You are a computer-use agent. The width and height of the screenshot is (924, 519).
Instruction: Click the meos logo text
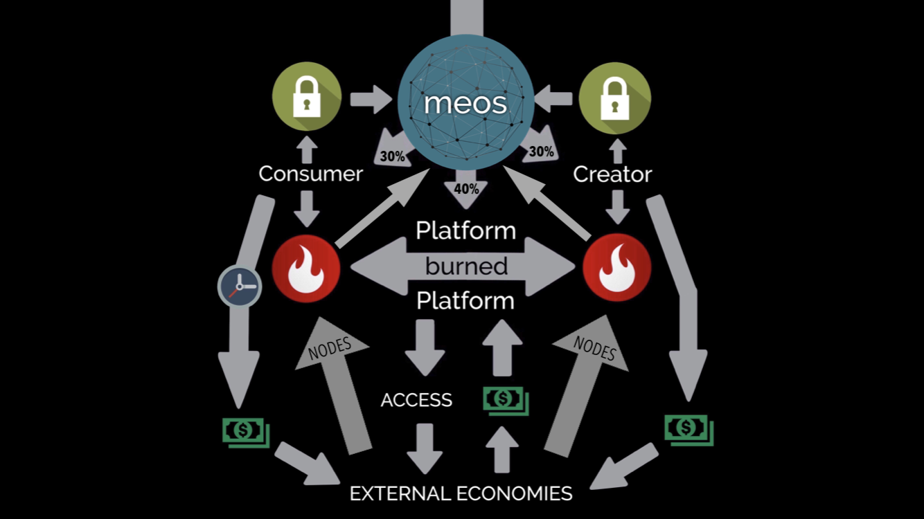[x=465, y=103]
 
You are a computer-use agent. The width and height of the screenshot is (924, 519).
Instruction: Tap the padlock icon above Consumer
[x=307, y=96]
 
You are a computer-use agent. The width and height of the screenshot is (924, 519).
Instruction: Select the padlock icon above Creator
[x=615, y=98]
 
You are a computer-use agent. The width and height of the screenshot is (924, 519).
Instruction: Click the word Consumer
[x=310, y=174]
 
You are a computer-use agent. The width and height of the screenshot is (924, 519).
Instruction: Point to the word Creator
[x=612, y=174]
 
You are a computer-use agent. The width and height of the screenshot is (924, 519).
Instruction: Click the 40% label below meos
[x=467, y=189]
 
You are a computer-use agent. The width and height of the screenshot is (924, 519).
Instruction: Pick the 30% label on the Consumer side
[x=392, y=156]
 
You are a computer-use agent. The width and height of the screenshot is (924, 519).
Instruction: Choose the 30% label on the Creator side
[x=541, y=152]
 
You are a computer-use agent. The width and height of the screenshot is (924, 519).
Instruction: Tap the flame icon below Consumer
[x=306, y=268]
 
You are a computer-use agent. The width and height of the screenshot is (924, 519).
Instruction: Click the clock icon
[x=240, y=286]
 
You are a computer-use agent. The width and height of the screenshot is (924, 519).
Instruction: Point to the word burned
[x=467, y=266]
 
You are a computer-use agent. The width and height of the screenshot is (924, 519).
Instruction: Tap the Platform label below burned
[x=465, y=300]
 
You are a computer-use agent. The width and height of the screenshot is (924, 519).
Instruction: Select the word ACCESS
[x=416, y=400]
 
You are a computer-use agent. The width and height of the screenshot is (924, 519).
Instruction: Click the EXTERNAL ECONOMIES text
[x=461, y=493]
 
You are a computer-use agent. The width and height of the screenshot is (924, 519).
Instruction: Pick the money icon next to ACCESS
[x=506, y=401]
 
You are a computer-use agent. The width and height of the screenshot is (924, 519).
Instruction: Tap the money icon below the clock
[x=246, y=432]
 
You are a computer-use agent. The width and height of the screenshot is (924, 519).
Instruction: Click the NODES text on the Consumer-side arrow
[x=330, y=348]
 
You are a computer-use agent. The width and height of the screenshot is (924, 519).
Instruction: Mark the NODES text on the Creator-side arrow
[x=594, y=348]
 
